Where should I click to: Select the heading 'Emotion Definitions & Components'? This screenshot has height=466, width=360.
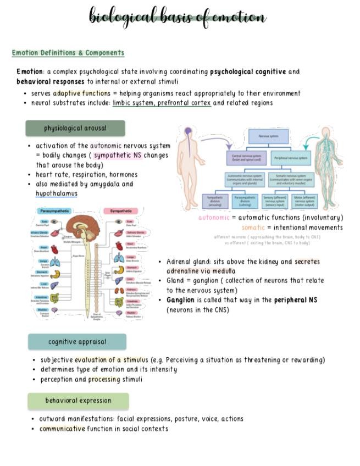(x=68, y=53)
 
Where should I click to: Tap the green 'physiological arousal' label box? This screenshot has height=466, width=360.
(x=75, y=128)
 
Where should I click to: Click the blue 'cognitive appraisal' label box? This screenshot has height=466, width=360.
(x=77, y=342)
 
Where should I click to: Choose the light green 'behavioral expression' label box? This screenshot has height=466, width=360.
(x=78, y=401)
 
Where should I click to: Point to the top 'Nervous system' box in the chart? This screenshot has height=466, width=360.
(x=269, y=137)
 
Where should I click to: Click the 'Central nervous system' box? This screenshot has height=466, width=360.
(x=246, y=158)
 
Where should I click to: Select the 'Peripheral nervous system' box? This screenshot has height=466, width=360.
(x=292, y=158)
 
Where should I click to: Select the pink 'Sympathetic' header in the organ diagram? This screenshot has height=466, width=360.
(x=120, y=211)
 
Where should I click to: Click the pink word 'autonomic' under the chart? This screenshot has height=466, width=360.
(x=214, y=218)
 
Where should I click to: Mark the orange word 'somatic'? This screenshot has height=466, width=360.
(x=253, y=228)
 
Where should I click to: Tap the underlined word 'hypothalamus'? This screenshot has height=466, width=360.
(x=57, y=193)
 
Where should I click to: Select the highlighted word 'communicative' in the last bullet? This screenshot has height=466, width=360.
(x=62, y=429)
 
